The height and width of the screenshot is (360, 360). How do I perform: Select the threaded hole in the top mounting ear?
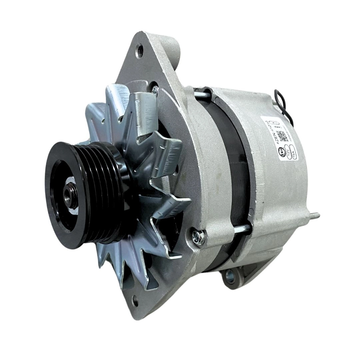click(140, 50)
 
